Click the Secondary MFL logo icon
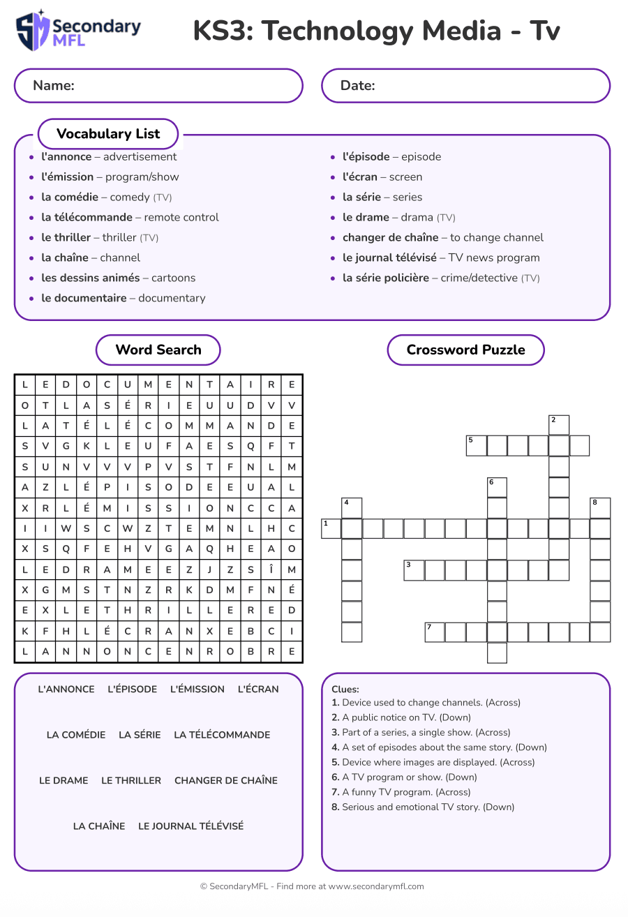33,31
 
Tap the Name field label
54,86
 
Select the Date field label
357,86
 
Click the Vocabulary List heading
108,134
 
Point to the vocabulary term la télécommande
87,217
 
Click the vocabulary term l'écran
360,177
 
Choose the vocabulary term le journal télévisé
389,258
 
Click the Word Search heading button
158,350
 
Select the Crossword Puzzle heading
465,350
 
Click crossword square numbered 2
559,425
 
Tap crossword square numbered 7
435,632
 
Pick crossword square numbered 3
414,570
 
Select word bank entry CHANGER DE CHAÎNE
226,780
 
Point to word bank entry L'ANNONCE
66,689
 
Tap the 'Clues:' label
345,689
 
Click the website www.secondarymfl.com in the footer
376,886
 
